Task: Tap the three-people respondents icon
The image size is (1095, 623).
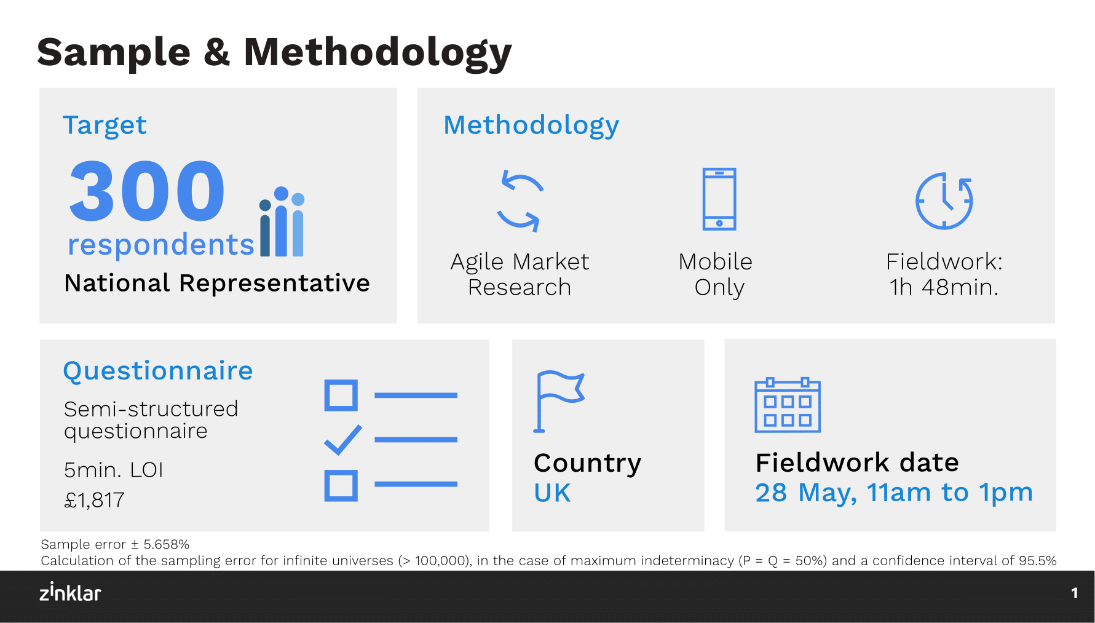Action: (282, 221)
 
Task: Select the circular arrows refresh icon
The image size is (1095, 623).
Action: (520, 200)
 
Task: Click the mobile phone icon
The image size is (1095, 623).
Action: (719, 199)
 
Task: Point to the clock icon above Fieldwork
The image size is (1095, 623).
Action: (944, 200)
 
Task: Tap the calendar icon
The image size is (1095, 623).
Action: (788, 405)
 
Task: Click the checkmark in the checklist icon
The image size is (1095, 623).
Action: (343, 440)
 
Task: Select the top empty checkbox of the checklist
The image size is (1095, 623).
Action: (341, 395)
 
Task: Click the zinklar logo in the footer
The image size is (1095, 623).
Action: (70, 592)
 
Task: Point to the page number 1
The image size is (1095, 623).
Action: (1075, 593)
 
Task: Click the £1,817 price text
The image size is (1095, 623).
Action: (94, 500)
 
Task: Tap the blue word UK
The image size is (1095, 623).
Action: (552, 493)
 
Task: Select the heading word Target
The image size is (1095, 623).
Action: (105, 125)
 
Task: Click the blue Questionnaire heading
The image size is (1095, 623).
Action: (158, 371)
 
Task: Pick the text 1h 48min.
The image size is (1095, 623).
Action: (944, 287)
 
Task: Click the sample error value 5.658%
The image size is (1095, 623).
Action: (166, 544)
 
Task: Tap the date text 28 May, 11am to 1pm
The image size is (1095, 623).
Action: (894, 493)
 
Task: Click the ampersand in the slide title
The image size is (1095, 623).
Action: (217, 52)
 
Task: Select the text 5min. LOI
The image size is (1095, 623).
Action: (114, 470)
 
